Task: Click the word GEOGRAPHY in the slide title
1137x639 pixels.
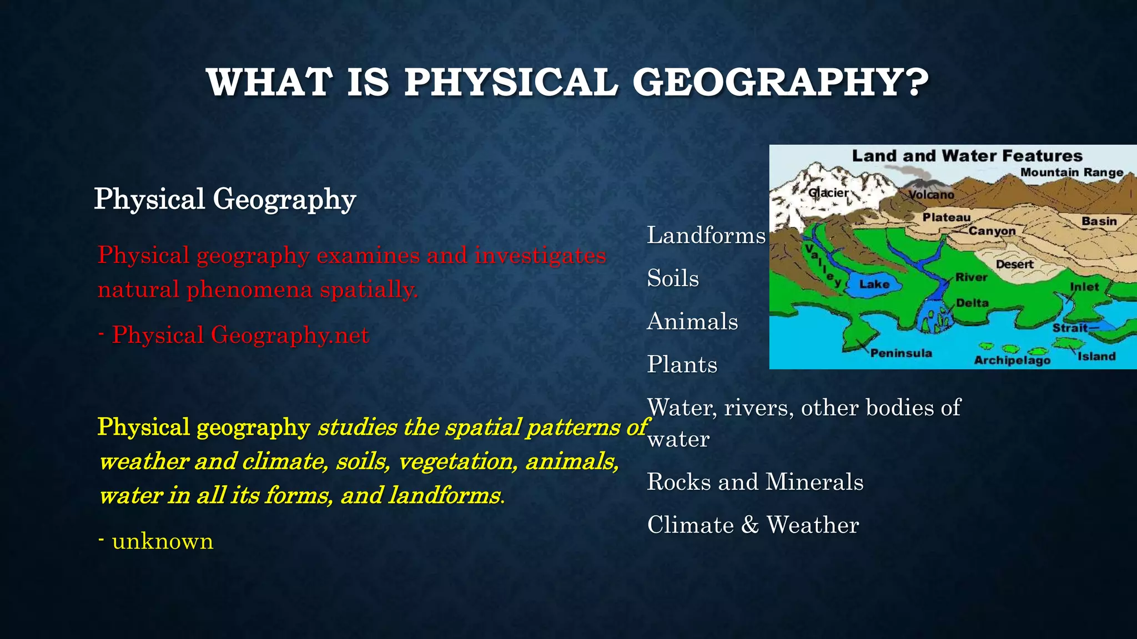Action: coord(780,83)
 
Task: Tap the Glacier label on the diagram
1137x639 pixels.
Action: coord(828,193)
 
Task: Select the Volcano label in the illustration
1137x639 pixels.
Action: coord(932,195)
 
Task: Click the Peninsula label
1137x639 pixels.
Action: coord(901,353)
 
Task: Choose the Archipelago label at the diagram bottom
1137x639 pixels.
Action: coord(1012,361)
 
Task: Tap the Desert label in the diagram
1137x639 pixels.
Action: coord(1014,265)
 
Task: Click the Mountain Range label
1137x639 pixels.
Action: coord(1071,173)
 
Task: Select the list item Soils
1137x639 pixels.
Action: coord(672,278)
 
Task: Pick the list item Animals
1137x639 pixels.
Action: coord(692,322)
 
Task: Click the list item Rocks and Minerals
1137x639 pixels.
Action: coord(755,482)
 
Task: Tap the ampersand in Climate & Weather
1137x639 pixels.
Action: coord(750,525)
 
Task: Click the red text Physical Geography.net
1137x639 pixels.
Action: coord(240,336)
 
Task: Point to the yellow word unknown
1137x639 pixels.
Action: coord(163,541)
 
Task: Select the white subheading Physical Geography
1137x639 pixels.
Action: coord(225,199)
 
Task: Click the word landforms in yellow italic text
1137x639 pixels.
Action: coord(444,495)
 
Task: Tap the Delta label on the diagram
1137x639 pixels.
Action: coord(972,303)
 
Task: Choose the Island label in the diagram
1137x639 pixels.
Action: coord(1096,356)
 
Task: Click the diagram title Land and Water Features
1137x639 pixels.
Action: coord(967,156)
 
